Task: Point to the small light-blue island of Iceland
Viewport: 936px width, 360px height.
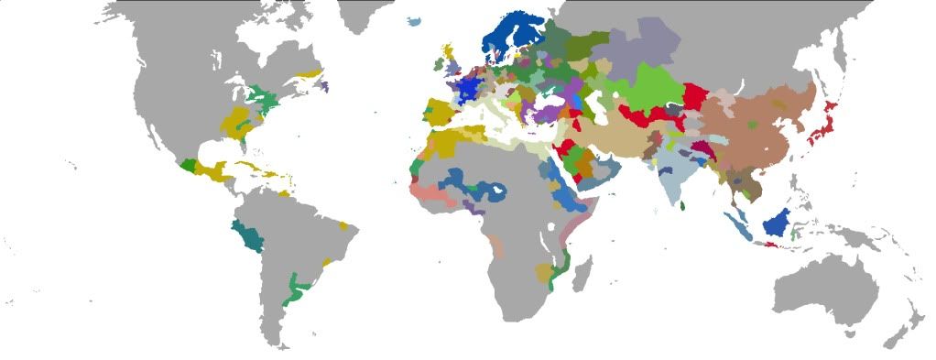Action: tap(418, 21)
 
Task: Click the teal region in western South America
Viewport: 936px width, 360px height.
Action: tap(248, 236)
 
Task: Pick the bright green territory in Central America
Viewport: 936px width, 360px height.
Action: tap(189, 166)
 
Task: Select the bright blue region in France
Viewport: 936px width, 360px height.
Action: tap(470, 89)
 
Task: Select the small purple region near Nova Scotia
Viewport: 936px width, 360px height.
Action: tap(322, 85)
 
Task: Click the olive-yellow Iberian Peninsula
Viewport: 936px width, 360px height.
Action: tap(441, 115)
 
